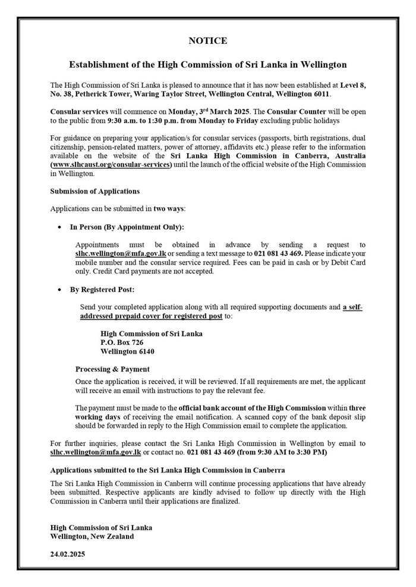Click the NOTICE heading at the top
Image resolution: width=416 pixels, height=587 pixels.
tap(207, 41)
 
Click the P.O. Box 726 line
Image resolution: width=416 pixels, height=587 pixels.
tap(122, 342)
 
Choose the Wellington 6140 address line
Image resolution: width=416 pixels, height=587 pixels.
tap(128, 351)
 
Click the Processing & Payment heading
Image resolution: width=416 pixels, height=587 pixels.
tap(112, 369)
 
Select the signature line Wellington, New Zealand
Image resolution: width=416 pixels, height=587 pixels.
tap(92, 536)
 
